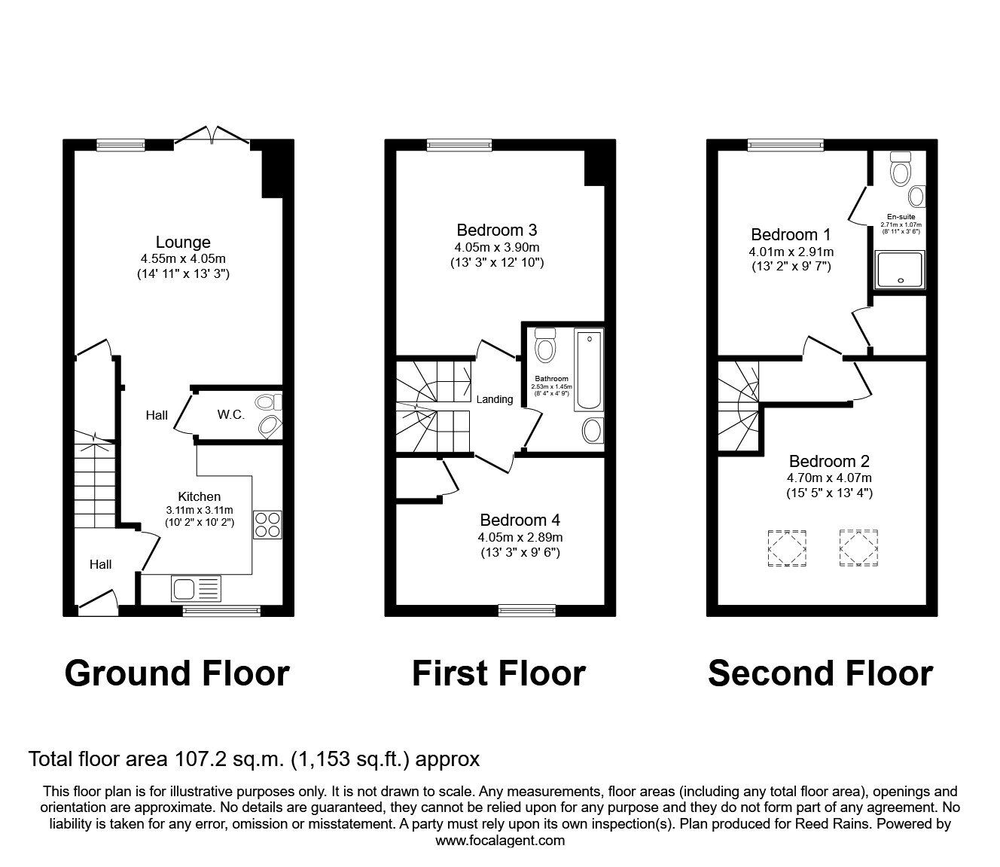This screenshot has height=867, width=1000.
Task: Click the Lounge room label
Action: click(x=183, y=243)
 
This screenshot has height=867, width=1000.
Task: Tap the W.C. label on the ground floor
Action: click(x=231, y=414)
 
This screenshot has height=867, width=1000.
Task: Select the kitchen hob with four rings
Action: click(x=267, y=524)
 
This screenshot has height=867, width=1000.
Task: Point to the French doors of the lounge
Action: click(x=212, y=136)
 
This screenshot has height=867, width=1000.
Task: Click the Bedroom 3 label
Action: click(x=497, y=230)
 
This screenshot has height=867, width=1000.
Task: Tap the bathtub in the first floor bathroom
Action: click(x=589, y=370)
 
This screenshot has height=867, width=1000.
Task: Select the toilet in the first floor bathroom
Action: click(x=544, y=346)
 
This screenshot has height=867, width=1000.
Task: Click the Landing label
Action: click(x=495, y=399)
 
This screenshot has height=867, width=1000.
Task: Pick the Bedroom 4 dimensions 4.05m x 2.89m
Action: click(x=520, y=537)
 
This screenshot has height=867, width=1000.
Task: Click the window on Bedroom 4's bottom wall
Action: click(x=527, y=609)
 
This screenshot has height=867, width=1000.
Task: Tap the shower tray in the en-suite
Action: click(x=899, y=270)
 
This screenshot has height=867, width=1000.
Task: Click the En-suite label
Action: click(x=901, y=216)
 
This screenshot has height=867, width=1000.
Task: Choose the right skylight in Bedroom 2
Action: click(x=858, y=548)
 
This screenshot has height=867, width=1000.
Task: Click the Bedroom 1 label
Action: click(x=791, y=234)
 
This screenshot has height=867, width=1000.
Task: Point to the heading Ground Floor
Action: click(x=177, y=673)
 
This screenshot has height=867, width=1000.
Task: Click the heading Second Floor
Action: click(x=820, y=673)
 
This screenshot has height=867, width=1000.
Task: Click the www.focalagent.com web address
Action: click(x=500, y=840)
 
